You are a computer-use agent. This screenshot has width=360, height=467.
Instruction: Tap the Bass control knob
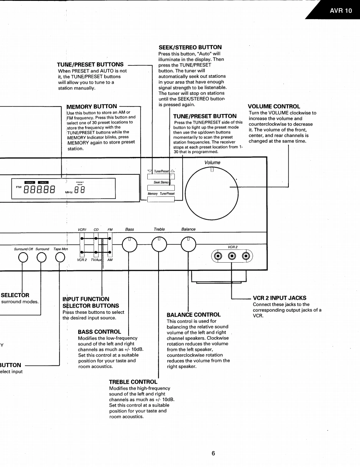[x=129, y=244]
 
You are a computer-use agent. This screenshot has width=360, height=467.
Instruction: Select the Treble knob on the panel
[x=159, y=244]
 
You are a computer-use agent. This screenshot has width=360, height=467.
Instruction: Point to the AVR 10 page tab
[x=340, y=11]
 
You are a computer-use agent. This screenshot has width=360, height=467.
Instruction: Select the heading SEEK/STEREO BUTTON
[x=190, y=48]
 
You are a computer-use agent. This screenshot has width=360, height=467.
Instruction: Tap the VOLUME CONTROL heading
[x=273, y=107]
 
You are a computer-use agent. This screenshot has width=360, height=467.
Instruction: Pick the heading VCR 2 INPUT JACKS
[x=279, y=298]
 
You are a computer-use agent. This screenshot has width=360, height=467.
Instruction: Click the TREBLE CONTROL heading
[x=133, y=382]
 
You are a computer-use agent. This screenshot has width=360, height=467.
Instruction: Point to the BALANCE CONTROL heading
[x=194, y=314]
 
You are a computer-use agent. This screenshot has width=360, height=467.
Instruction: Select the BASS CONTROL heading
[x=99, y=332]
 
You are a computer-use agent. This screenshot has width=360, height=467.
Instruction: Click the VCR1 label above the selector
[x=82, y=229]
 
